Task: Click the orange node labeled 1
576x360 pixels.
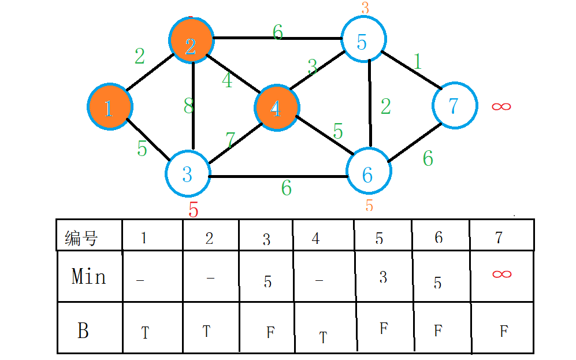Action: (x=110, y=107)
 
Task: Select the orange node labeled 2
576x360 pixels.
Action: (x=191, y=40)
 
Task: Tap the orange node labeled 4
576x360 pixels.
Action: (x=277, y=107)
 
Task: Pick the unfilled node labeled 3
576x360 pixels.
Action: (x=188, y=173)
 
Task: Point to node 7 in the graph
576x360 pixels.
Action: (x=455, y=106)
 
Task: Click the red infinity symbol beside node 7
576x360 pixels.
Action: (x=501, y=106)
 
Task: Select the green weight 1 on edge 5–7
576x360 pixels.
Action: (x=417, y=61)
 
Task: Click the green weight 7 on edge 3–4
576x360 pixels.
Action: (x=231, y=140)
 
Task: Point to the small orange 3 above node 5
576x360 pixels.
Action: (x=365, y=8)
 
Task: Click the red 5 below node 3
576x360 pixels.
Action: (x=194, y=210)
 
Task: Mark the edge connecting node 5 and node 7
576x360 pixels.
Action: (x=410, y=70)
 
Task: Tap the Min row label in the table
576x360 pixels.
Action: (x=88, y=276)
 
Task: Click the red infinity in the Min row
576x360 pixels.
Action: (x=501, y=273)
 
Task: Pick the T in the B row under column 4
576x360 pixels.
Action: (x=323, y=337)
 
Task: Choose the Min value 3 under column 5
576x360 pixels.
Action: (x=383, y=277)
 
